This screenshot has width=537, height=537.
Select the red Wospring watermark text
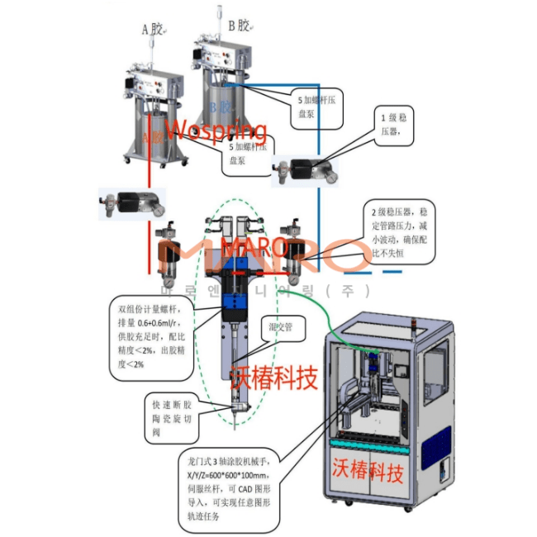click(x=216, y=131)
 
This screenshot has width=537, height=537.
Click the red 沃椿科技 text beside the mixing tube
click(x=273, y=378)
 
